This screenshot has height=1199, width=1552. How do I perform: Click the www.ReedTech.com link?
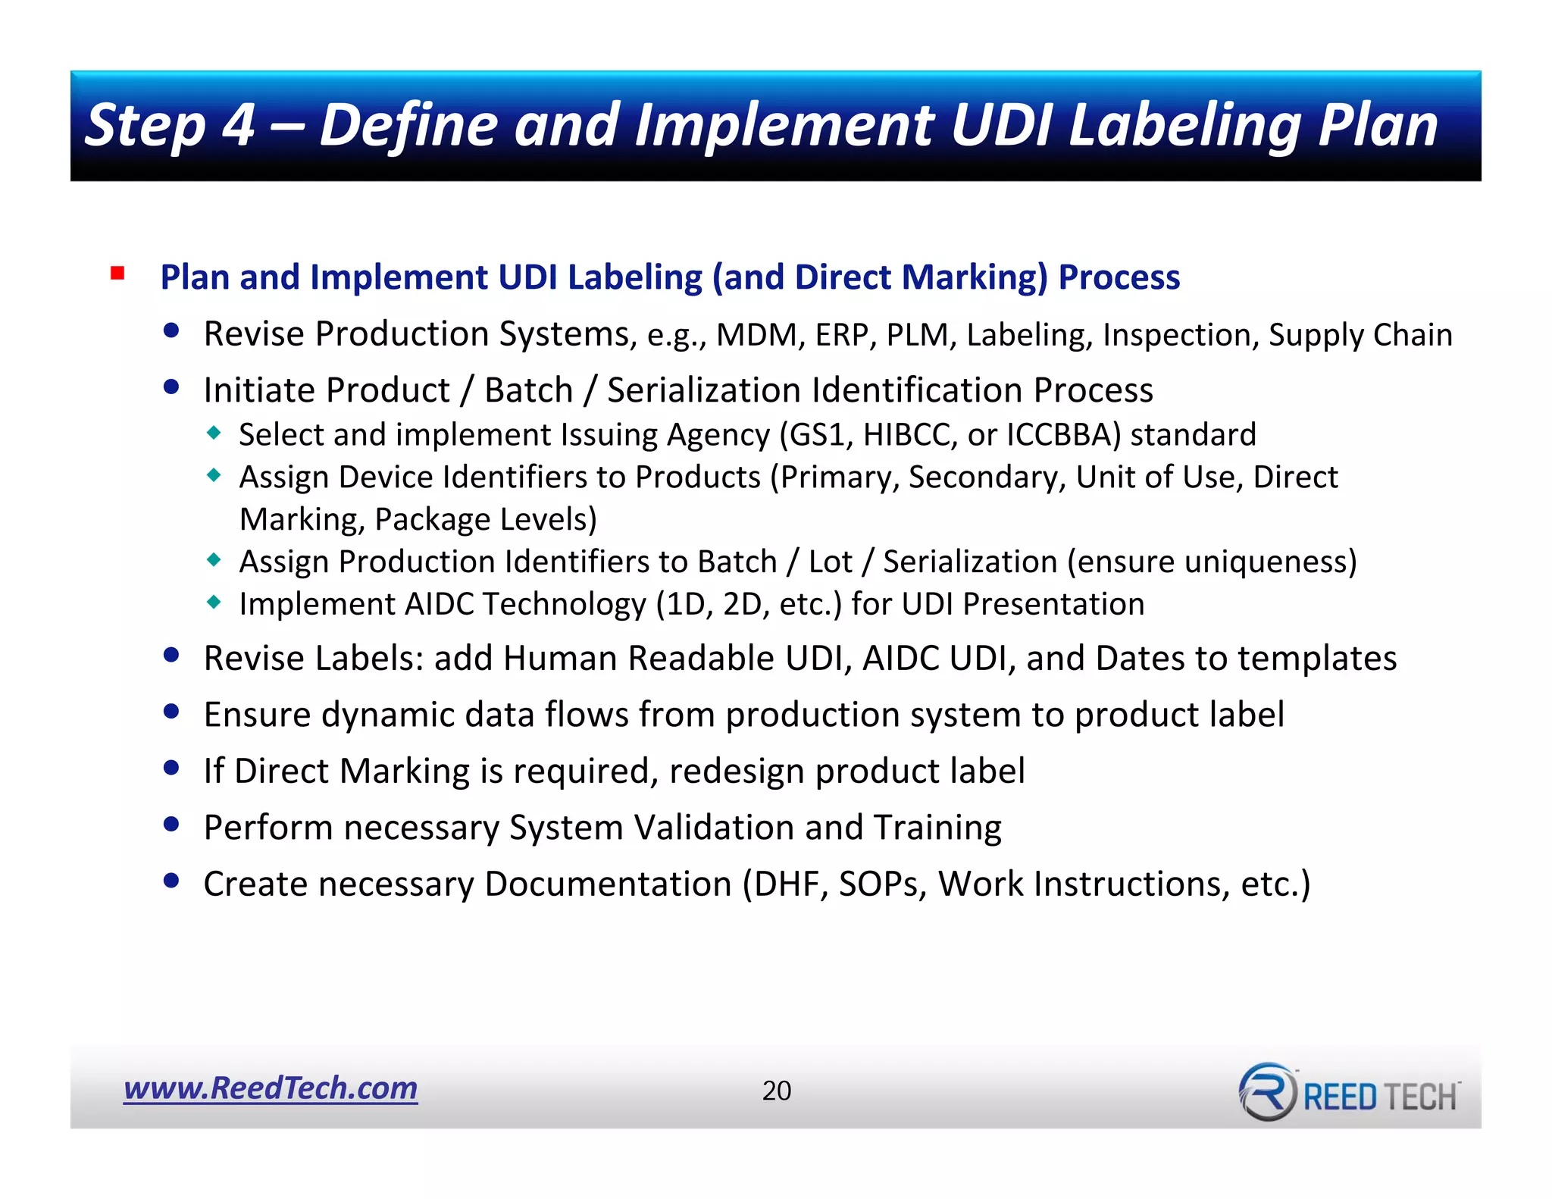(x=271, y=1088)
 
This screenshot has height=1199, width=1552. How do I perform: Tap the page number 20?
(x=776, y=1091)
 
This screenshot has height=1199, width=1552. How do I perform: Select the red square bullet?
(x=117, y=273)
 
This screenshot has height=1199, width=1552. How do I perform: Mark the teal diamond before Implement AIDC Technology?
(x=214, y=603)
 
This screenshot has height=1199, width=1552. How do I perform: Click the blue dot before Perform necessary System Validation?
(x=171, y=824)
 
